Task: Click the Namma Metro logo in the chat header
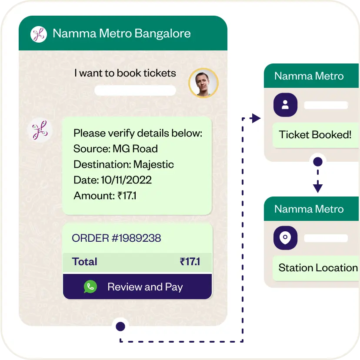click(x=39, y=34)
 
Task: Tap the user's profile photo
click(x=203, y=83)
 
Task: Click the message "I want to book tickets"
click(x=125, y=73)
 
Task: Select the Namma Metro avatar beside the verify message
click(x=40, y=130)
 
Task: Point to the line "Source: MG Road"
click(x=116, y=149)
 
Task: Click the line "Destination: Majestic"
click(x=123, y=164)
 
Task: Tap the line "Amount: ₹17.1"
click(x=105, y=196)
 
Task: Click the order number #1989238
click(x=117, y=238)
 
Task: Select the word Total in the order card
click(x=85, y=262)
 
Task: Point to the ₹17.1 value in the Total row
click(x=190, y=262)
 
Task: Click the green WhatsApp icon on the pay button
click(x=90, y=287)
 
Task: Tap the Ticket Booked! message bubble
click(x=315, y=135)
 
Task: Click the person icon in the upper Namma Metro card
click(x=285, y=105)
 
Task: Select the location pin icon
click(x=285, y=238)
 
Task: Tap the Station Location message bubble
click(x=317, y=268)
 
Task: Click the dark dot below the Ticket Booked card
click(x=318, y=162)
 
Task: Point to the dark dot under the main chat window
click(x=120, y=326)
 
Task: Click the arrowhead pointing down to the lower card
click(x=318, y=188)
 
